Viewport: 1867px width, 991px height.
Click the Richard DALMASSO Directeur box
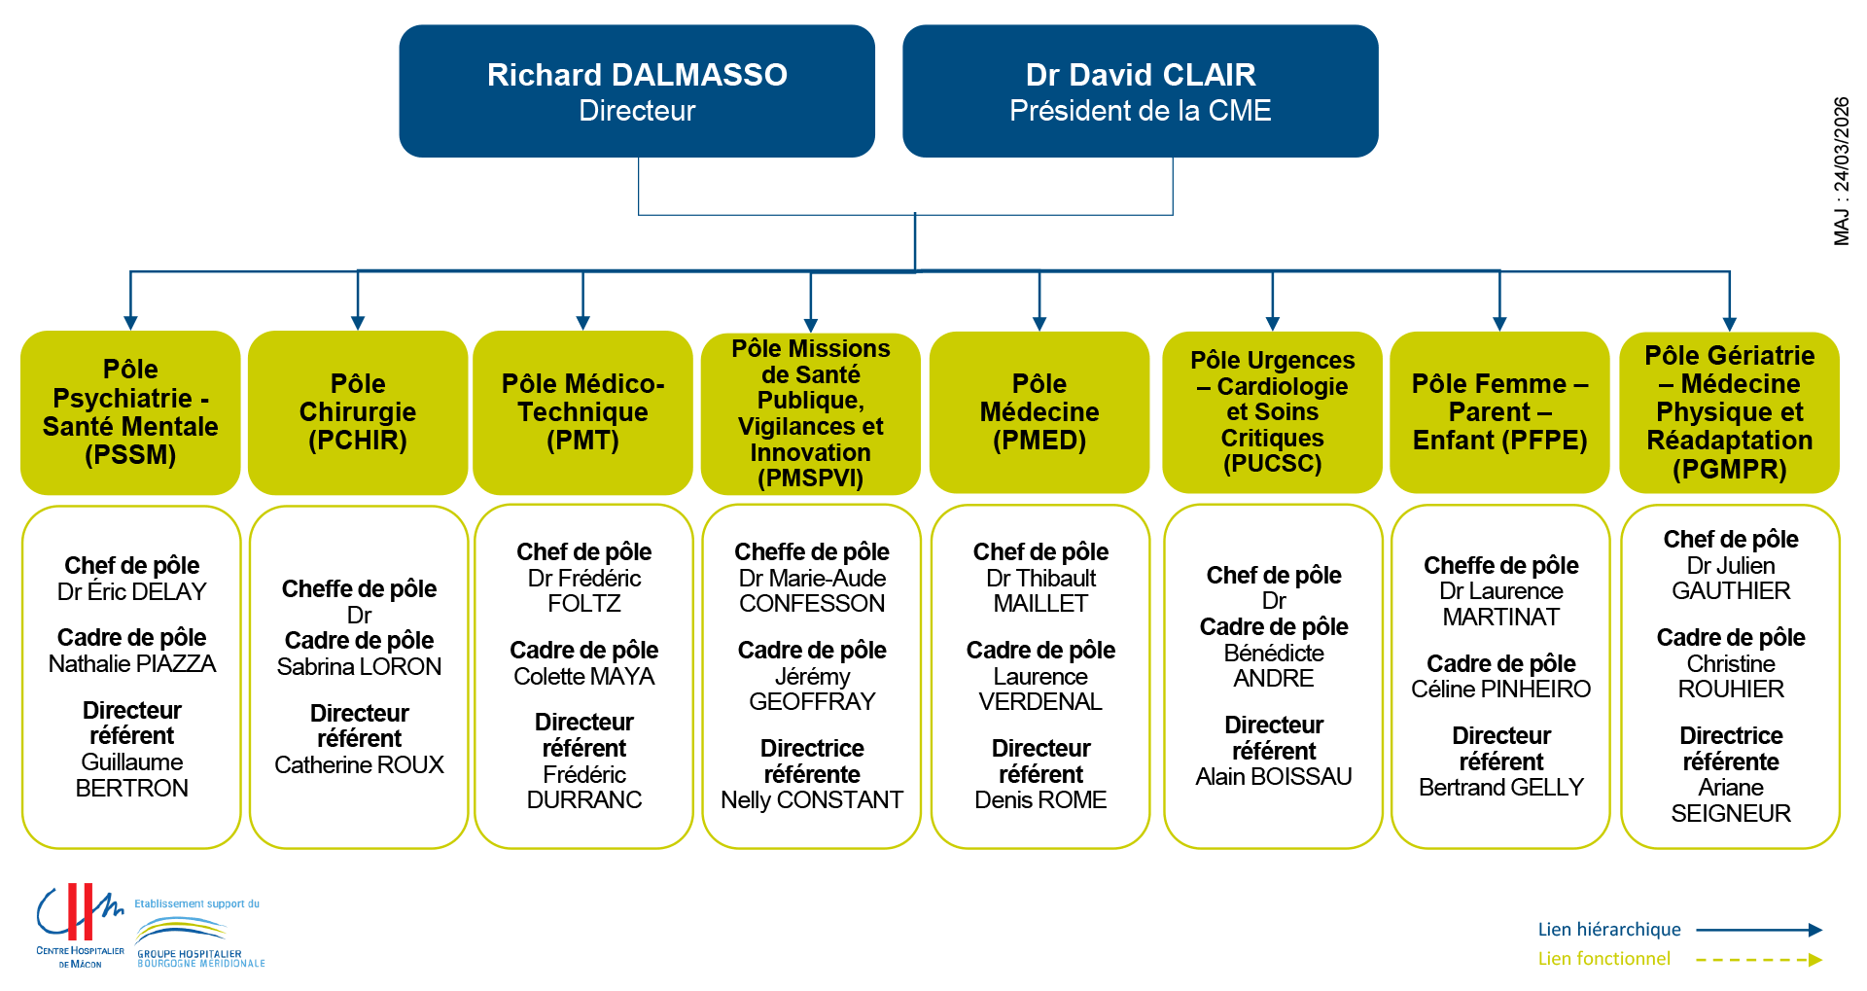pos(637,91)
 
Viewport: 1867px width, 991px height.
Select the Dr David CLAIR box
pos(1140,91)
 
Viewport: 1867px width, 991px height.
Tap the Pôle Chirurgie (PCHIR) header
pos(358,412)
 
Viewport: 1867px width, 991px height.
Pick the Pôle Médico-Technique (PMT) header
pos(582,412)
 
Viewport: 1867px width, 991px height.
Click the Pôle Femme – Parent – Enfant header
pos(1499,412)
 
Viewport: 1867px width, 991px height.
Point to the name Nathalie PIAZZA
pos(132,664)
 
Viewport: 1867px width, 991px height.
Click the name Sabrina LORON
pos(359,667)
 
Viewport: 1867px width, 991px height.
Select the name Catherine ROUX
pos(359,765)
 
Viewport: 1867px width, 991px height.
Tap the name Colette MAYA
pos(583,677)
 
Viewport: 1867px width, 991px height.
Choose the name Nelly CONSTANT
pos(812,800)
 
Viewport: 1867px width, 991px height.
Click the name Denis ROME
pos(1040,800)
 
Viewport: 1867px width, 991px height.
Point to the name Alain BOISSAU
pos(1274,777)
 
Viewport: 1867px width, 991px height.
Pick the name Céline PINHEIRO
pos(1500,690)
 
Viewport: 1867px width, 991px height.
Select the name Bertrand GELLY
pos(1500,788)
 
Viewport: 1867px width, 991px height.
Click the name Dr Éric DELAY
pos(132,592)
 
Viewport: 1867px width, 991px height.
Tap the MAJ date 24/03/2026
pos(1841,171)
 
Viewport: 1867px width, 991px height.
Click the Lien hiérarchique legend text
pos(1608,930)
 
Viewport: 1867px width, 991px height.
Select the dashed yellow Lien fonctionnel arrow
pos(1758,960)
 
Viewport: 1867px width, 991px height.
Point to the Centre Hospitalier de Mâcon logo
pos(81,925)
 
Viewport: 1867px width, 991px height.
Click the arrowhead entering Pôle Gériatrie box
pos(1729,324)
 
